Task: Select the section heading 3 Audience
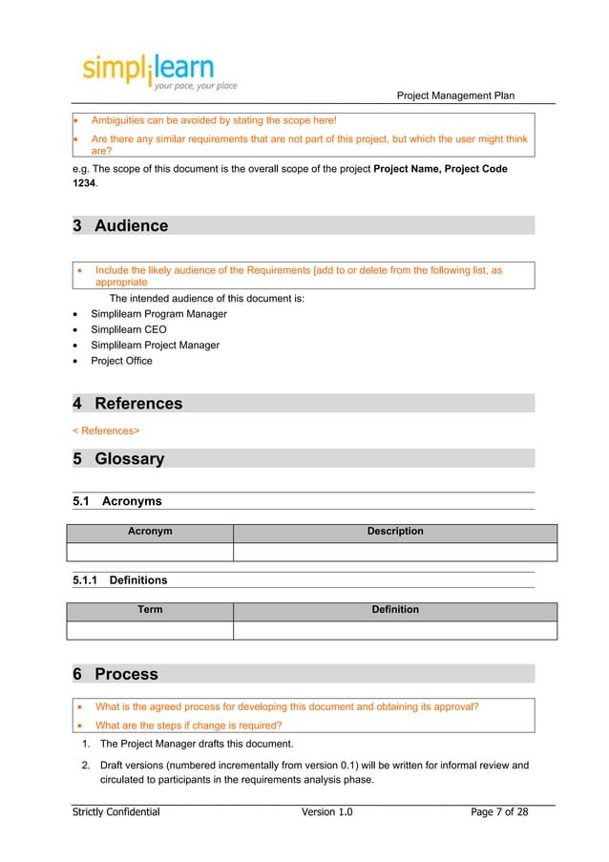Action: coord(120,226)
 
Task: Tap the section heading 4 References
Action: coord(128,404)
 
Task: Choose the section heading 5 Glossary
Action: coord(118,459)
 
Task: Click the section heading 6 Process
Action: coord(115,675)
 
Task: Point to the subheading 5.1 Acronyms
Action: coord(117,501)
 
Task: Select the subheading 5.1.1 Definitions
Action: coord(120,579)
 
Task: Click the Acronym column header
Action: coord(150,532)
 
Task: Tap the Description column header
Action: coord(395,532)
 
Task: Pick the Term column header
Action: coord(150,610)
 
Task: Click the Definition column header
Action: coord(395,610)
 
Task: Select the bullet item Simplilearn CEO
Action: coord(128,329)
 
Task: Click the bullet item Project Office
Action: coord(121,361)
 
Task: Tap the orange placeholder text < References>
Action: coord(106,431)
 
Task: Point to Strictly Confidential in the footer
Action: coord(116,812)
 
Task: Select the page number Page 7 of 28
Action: coord(499,812)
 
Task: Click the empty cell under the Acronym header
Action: coord(150,552)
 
